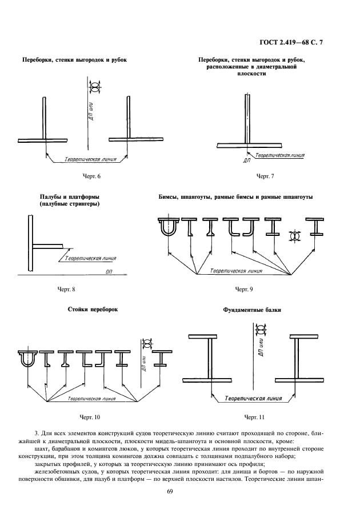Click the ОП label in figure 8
[109, 273]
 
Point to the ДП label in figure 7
[247, 161]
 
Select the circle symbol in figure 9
[295, 235]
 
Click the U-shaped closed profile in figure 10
[27, 360]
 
